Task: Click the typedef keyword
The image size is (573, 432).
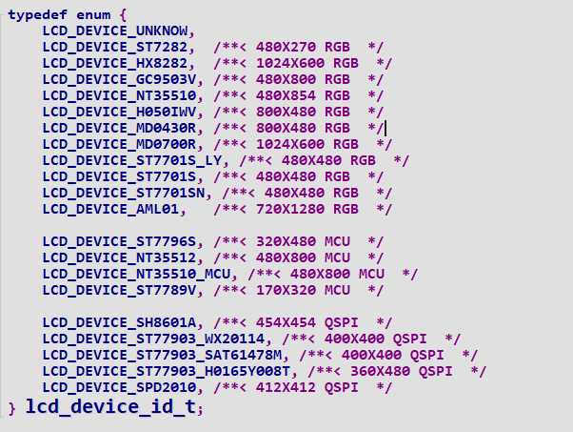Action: (x=38, y=15)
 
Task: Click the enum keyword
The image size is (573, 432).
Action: (x=93, y=15)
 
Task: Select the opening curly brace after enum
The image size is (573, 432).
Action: (x=123, y=15)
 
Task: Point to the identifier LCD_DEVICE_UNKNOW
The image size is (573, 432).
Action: (x=115, y=31)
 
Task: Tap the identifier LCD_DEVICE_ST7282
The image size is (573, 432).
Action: (x=115, y=48)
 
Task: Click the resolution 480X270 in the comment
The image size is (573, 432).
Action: (x=286, y=47)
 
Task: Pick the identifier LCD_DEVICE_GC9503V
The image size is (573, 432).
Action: (x=120, y=79)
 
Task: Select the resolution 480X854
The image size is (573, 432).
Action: (x=286, y=95)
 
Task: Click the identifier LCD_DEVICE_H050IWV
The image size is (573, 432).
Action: (x=120, y=112)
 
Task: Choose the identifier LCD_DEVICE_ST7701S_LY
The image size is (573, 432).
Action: (x=132, y=160)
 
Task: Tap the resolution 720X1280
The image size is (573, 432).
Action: (x=290, y=209)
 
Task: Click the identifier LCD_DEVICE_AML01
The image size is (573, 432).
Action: (x=110, y=209)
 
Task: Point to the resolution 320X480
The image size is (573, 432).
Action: (x=286, y=241)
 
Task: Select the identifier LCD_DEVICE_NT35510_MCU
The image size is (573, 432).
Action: (x=137, y=274)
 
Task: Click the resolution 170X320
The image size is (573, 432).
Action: (x=286, y=290)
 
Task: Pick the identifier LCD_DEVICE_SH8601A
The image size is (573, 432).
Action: (x=120, y=322)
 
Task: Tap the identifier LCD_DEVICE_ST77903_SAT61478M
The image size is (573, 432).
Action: (x=162, y=355)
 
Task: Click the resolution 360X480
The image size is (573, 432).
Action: (x=380, y=371)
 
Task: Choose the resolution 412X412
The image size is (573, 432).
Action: (x=286, y=387)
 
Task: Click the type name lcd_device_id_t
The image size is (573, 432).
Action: (x=110, y=407)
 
